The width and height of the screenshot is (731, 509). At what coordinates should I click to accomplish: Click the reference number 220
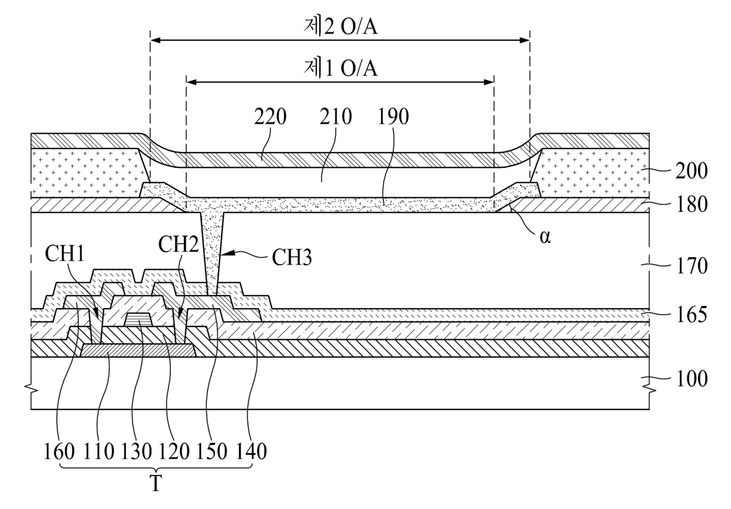click(x=270, y=117)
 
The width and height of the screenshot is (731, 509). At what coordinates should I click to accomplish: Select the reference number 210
click(x=335, y=117)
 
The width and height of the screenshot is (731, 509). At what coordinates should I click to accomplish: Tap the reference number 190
click(x=393, y=117)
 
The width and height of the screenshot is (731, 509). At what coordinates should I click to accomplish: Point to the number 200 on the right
click(x=692, y=171)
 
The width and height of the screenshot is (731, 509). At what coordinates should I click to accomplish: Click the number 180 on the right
click(x=692, y=204)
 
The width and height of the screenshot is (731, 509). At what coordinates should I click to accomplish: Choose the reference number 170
click(x=692, y=266)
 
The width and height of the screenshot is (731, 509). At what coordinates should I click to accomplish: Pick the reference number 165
click(x=692, y=315)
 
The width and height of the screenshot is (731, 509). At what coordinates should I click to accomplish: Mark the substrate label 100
click(x=692, y=379)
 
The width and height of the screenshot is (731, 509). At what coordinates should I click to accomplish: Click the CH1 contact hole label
click(x=65, y=253)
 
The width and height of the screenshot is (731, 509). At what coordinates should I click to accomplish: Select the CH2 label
click(x=179, y=244)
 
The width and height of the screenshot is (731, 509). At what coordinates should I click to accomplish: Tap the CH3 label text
click(x=292, y=257)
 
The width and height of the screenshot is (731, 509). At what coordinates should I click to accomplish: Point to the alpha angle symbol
click(x=545, y=237)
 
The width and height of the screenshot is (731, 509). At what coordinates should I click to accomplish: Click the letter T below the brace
click(x=156, y=484)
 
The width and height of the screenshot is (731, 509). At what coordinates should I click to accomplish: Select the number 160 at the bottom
click(x=59, y=452)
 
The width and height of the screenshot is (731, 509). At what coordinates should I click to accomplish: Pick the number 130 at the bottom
click(x=136, y=452)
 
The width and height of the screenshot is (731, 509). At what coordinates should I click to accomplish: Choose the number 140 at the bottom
click(x=251, y=452)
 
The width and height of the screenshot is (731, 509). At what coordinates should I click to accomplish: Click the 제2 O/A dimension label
click(x=340, y=27)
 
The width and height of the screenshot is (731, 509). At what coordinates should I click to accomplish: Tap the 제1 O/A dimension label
click(x=340, y=68)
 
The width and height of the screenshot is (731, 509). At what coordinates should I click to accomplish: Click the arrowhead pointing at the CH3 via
click(x=227, y=253)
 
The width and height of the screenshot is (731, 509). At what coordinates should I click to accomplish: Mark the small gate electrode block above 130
click(x=139, y=319)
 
